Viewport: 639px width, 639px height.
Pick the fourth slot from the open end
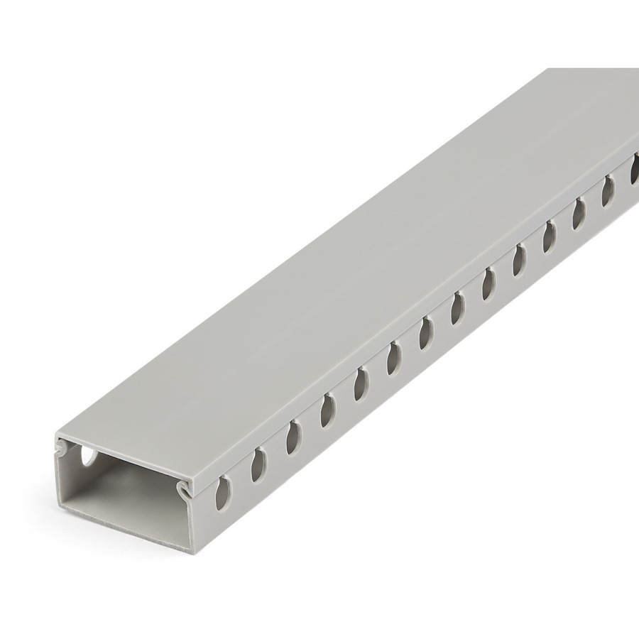tap(327, 410)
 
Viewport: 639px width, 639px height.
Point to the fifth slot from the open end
tap(361, 383)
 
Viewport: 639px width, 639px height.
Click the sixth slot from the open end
tap(393, 358)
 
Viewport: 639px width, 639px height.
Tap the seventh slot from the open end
tap(425, 332)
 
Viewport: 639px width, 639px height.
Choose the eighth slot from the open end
tap(457, 308)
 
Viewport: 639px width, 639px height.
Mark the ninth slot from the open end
tap(488, 283)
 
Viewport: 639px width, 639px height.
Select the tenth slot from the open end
tap(518, 259)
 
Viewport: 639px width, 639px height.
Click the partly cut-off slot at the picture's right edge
tap(634, 171)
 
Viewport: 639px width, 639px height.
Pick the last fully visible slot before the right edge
tap(608, 190)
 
